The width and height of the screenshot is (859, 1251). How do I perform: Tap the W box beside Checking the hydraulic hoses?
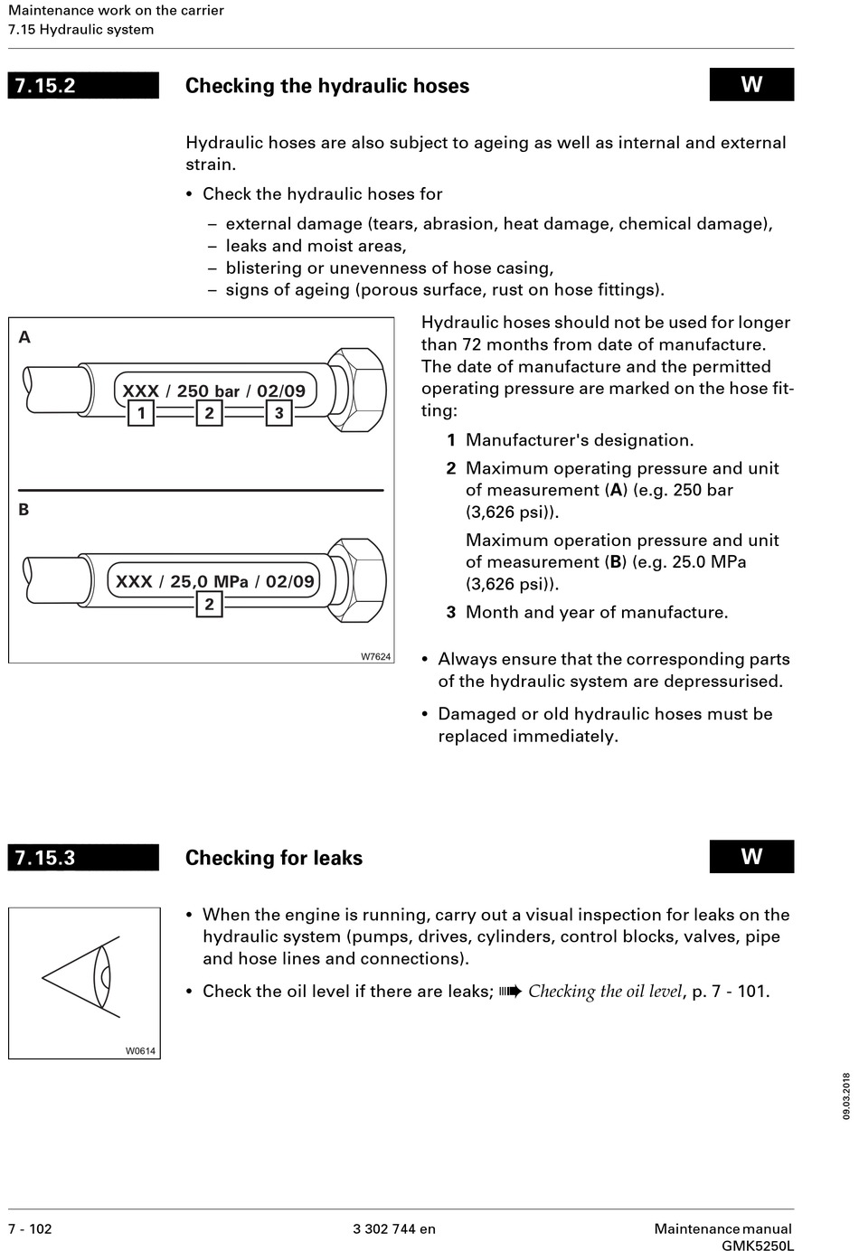coord(751,85)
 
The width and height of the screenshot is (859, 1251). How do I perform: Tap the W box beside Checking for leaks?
coord(751,857)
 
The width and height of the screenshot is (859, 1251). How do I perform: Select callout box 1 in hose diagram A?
coord(141,414)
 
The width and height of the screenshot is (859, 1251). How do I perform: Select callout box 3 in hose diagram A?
coord(278,414)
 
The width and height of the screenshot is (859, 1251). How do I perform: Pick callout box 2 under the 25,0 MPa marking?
coord(209,604)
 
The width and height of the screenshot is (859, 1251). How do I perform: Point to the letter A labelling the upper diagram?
coord(24,337)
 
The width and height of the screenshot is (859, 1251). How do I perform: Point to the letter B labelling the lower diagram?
coord(24,510)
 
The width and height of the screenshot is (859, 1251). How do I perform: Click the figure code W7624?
coord(376,656)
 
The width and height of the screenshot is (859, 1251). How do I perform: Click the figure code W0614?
coord(140,1050)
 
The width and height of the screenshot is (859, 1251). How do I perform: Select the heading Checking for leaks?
coord(274,858)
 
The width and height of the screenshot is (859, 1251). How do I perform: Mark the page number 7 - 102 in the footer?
coord(31,1228)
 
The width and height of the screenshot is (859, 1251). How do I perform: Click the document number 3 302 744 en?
coord(394,1228)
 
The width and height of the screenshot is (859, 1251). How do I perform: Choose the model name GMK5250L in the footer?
coord(758,1246)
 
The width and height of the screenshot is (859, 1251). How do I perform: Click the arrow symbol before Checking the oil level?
coord(511,992)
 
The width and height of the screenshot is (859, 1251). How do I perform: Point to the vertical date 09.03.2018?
coord(846,1096)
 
